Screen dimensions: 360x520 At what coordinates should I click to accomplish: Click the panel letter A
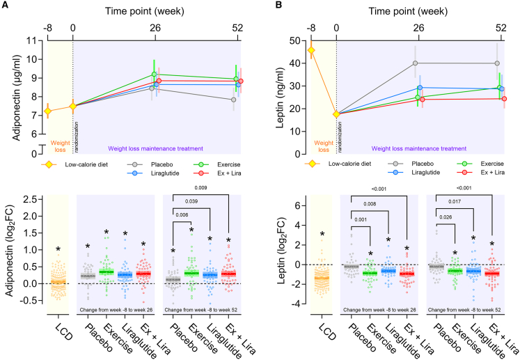tap(6, 6)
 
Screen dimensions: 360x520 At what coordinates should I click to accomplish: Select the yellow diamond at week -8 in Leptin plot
tap(310, 50)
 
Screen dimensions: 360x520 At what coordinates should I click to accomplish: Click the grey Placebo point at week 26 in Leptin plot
tap(415, 63)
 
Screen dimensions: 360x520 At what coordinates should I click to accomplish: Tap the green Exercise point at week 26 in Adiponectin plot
tap(154, 75)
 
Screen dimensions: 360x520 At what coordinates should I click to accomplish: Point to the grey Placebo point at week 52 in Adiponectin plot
tap(234, 100)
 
